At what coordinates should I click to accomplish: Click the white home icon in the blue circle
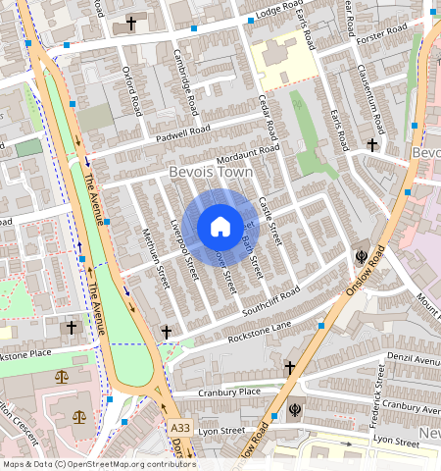[220, 227]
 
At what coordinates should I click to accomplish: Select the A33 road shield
[179, 429]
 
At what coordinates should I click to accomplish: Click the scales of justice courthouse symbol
[63, 376]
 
